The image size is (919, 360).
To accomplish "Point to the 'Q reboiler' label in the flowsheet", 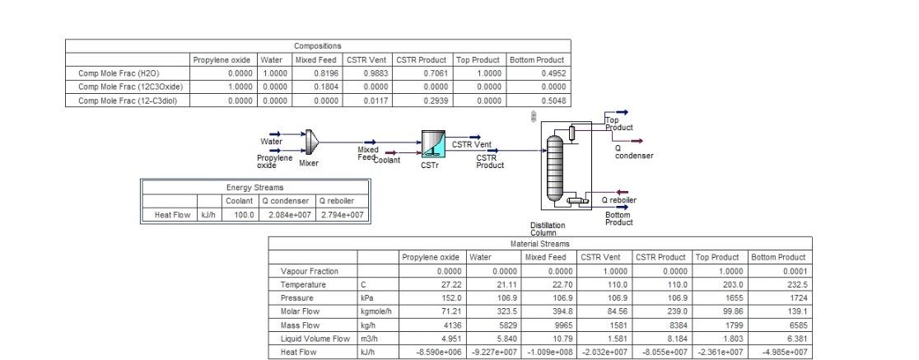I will click(617, 199).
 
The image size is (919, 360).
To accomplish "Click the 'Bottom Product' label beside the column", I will click(618, 218).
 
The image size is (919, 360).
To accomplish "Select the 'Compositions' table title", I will click(317, 46).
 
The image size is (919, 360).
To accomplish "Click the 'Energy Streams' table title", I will click(254, 187).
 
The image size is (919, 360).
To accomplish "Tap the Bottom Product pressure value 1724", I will click(780, 297).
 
